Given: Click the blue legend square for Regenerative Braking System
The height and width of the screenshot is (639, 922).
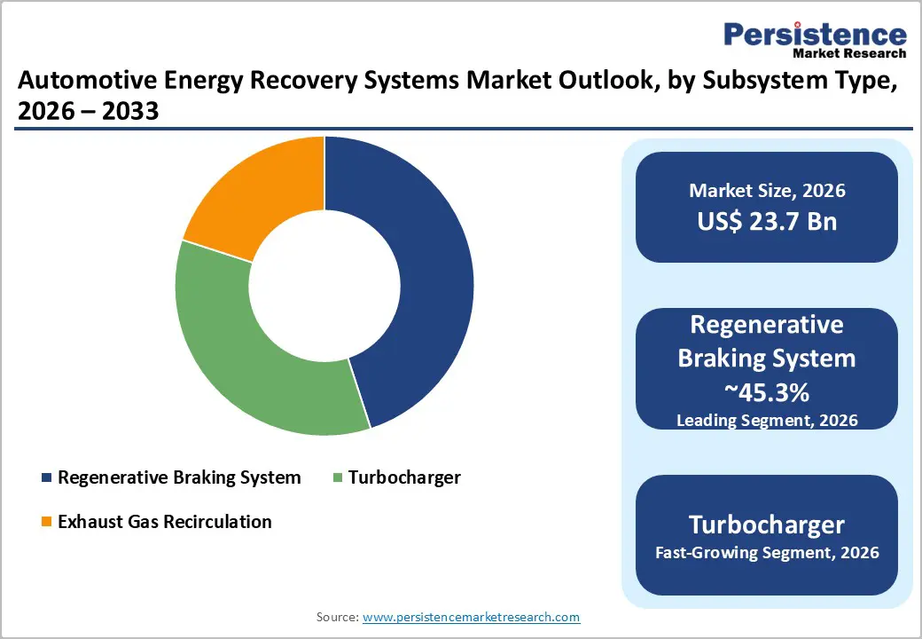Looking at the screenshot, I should tap(46, 478).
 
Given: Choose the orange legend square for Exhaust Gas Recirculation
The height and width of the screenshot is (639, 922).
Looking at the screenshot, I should tap(46, 522).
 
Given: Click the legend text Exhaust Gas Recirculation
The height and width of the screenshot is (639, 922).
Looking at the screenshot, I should tap(164, 522).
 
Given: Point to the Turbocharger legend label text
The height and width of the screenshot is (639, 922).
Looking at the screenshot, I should tap(404, 477).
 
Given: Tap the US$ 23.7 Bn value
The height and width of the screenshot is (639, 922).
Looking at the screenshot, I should tap(767, 221).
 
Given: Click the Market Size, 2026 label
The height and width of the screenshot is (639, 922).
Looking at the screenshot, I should tap(767, 191).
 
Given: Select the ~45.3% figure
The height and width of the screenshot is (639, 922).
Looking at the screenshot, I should tap(767, 391).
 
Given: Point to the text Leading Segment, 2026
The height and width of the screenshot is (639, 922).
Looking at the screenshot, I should tap(767, 420).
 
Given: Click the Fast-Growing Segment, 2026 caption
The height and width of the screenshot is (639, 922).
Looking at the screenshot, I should tap(767, 553).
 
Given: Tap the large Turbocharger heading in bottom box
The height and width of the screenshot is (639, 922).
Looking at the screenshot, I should tap(767, 524).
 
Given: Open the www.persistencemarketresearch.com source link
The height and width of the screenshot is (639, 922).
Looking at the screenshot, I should tap(471, 616).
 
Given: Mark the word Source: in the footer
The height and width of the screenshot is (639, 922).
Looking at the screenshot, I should tap(338, 616).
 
